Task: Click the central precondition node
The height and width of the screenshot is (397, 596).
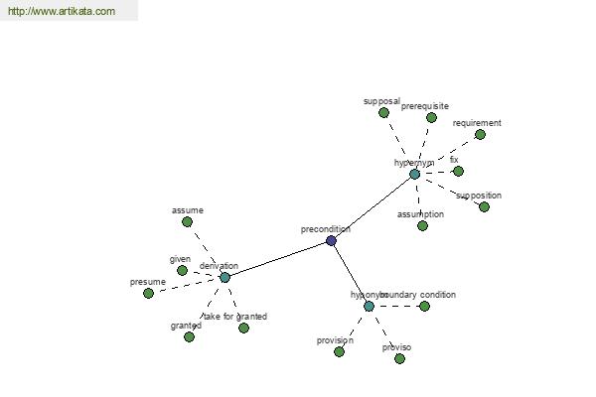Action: pos(331,241)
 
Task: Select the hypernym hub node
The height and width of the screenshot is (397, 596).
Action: pos(414,174)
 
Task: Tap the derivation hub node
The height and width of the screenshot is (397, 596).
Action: pos(224,277)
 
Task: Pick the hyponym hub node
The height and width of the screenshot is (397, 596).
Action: pos(369,307)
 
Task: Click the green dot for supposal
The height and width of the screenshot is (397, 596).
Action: pos(383,113)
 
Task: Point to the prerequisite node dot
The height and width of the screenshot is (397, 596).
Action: pos(431,117)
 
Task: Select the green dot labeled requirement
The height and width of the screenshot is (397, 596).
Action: pos(480,134)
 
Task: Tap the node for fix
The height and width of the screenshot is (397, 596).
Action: pos(458,171)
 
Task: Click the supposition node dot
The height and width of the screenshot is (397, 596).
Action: pos(484,206)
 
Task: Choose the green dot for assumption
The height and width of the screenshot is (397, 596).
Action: pos(422,225)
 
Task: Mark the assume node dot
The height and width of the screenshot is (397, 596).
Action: pos(187,221)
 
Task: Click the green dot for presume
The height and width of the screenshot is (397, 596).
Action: pos(148,293)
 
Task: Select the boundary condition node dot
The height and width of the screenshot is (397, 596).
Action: pos(424,307)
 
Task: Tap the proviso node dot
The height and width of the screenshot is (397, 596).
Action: pos(399,358)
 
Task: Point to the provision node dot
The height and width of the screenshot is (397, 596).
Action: pos(339,351)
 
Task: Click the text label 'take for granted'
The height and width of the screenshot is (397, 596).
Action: pos(234,317)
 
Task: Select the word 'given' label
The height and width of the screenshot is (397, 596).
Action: pos(180,259)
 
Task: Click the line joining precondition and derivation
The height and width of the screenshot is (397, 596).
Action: pos(278,259)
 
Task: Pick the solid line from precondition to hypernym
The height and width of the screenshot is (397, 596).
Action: pos(372,207)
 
